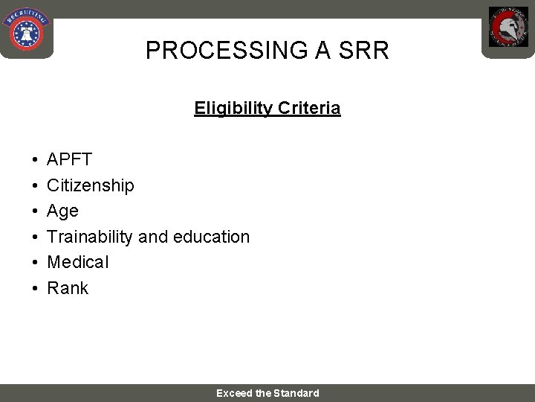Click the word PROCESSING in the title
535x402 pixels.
[x=222, y=51]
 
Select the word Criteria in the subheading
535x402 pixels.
[x=309, y=108]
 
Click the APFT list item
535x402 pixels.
[x=69, y=159]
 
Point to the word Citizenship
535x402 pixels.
[x=91, y=185]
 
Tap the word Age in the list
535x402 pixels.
[x=62, y=211]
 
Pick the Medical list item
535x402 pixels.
[x=77, y=262]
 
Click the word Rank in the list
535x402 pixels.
[x=68, y=288]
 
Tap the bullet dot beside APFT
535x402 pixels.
[x=35, y=160]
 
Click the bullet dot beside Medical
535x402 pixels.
[x=35, y=263]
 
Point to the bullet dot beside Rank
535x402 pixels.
[x=35, y=289]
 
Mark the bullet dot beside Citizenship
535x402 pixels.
[x=35, y=186]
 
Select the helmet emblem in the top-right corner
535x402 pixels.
[x=508, y=28]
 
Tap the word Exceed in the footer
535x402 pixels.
[x=234, y=393]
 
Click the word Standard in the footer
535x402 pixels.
[x=296, y=393]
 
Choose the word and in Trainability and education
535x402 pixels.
[x=153, y=237]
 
